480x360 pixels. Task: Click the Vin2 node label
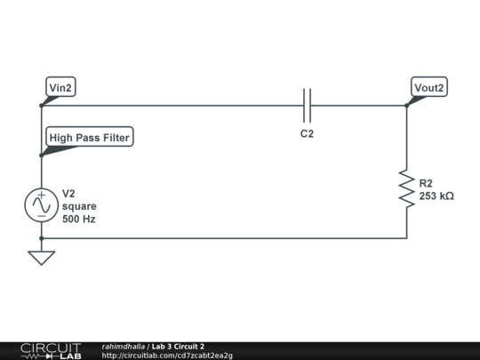click(x=61, y=87)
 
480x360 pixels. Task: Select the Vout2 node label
click(x=429, y=87)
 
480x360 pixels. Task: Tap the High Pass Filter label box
click(x=90, y=138)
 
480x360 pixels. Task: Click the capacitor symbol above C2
click(x=308, y=105)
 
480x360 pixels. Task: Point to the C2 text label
click(x=307, y=134)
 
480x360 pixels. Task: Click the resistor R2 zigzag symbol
click(x=407, y=189)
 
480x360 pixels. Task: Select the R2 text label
click(x=426, y=183)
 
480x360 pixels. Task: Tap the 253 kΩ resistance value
click(x=436, y=196)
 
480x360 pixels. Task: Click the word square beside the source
click(x=79, y=206)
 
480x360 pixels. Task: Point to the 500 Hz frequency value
click(x=79, y=219)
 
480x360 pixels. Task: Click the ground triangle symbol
click(x=41, y=258)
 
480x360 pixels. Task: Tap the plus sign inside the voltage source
click(x=41, y=196)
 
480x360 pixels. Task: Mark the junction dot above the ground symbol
click(x=41, y=238)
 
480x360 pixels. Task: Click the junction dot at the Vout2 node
click(x=407, y=106)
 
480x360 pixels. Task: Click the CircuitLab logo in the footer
click(x=50, y=350)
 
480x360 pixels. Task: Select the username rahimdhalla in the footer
click(x=124, y=346)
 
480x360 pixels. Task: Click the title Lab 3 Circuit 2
click(x=178, y=346)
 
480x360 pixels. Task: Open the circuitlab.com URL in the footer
click(x=167, y=356)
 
